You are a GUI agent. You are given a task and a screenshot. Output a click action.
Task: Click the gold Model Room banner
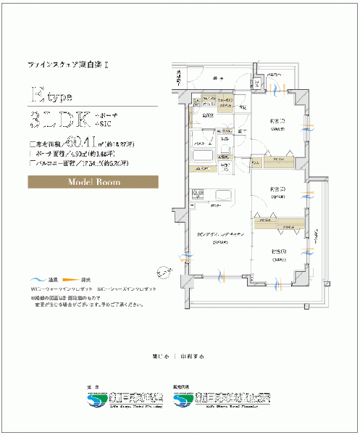99,182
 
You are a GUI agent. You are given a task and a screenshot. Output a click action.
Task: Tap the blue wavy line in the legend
37,279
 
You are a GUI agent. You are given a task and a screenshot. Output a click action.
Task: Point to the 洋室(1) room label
277,121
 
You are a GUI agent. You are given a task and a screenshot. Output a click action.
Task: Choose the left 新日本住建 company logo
124,398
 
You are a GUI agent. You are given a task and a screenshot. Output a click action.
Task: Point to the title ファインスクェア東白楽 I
68,65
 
